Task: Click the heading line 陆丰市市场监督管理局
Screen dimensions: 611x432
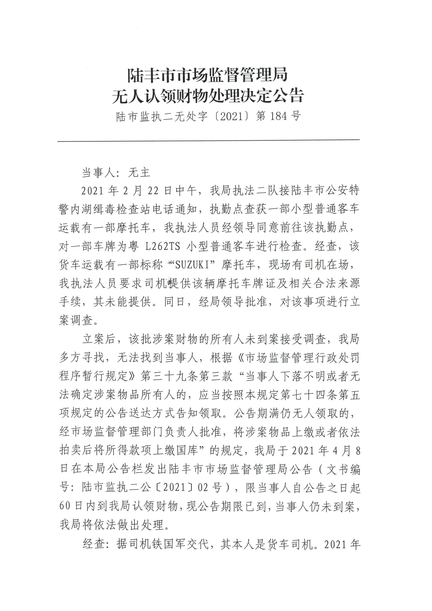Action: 208,75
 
